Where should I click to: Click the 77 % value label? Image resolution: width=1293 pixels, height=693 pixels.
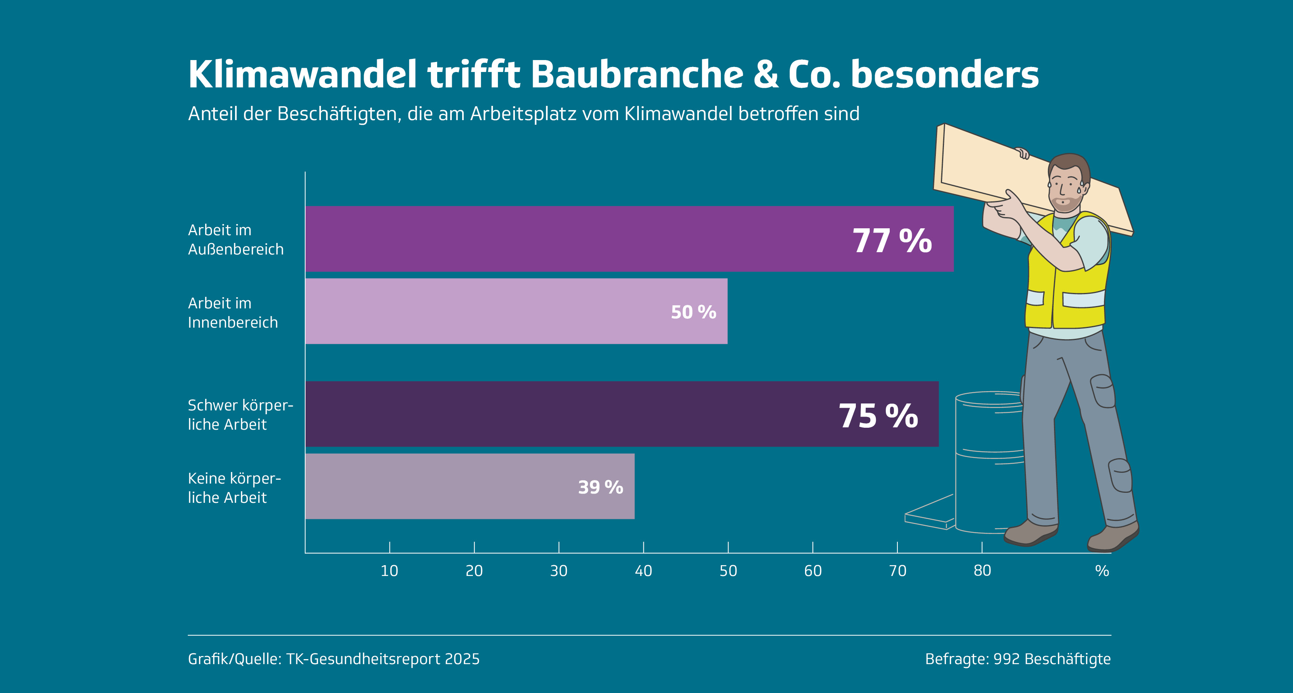click(892, 241)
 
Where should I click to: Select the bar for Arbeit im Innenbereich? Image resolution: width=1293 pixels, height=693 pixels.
click(516, 311)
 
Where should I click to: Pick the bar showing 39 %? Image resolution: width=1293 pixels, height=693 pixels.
click(469, 486)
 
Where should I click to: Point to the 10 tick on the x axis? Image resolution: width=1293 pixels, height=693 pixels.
click(389, 571)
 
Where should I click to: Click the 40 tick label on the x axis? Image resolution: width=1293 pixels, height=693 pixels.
click(643, 571)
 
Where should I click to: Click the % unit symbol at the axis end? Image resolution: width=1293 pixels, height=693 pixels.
click(1102, 571)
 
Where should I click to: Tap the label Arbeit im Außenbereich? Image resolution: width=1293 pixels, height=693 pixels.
click(236, 239)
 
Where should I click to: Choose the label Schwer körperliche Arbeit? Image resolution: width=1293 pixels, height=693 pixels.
click(240, 414)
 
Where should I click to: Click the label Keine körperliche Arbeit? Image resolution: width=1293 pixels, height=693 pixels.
click(234, 488)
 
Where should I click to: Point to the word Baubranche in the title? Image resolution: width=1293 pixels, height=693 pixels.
click(636, 74)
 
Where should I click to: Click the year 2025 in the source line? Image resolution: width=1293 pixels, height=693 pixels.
click(462, 659)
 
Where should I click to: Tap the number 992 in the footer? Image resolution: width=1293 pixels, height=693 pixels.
click(1006, 659)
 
